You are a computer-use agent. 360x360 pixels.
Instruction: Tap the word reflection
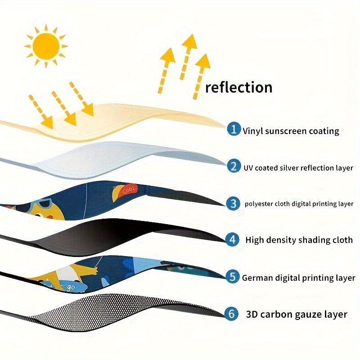coord(238,87)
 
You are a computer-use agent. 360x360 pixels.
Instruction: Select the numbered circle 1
coord(234,130)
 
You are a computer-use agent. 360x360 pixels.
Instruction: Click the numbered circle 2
coord(234,167)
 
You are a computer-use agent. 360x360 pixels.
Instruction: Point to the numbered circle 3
coord(233,203)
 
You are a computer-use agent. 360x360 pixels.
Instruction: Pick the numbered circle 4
coord(233,239)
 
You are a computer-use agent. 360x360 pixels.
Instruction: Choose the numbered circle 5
coord(233,277)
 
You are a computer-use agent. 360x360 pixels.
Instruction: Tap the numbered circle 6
coord(232,314)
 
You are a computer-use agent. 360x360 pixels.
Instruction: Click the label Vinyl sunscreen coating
coord(291,131)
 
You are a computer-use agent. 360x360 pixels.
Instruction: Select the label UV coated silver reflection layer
coord(298,168)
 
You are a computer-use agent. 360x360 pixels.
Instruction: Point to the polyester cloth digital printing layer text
coord(299,204)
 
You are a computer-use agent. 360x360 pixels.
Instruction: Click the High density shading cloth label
coord(299,240)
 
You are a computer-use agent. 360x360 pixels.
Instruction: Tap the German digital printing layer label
coord(298,278)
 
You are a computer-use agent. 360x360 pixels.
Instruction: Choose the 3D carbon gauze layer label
coord(297,314)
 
